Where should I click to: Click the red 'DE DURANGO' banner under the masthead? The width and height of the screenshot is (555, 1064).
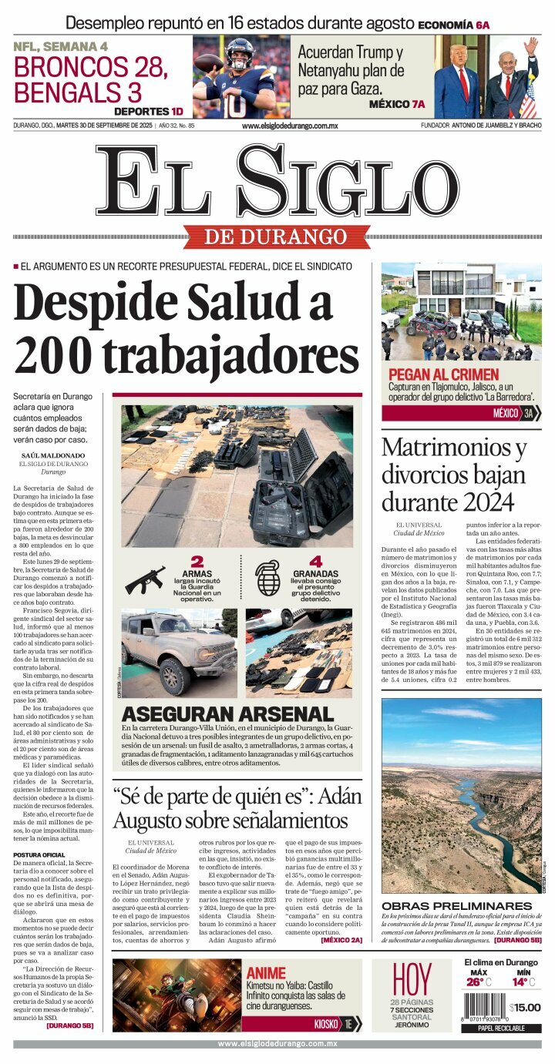tap(276, 237)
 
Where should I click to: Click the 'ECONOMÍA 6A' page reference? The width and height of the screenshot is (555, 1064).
tap(453, 25)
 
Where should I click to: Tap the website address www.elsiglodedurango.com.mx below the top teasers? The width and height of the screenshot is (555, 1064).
tap(289, 126)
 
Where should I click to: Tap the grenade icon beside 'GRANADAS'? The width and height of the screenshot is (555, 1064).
tap(267, 579)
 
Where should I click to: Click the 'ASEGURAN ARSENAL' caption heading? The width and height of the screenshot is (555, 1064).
tap(227, 714)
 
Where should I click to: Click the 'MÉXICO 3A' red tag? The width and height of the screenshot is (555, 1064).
tap(513, 414)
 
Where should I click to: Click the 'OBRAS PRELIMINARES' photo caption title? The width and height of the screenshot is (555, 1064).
tap(456, 905)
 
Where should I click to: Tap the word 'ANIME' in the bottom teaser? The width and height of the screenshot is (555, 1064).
tap(266, 973)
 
